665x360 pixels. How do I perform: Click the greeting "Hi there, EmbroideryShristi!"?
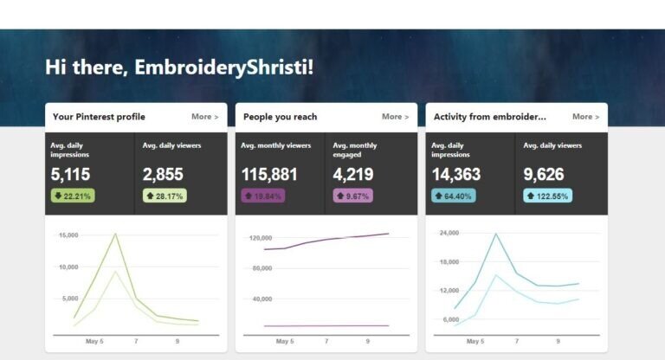[x=179, y=67]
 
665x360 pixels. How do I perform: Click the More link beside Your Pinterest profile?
[x=204, y=117]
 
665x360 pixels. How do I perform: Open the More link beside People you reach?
[x=395, y=117]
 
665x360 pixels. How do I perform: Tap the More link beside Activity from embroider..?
[x=585, y=117]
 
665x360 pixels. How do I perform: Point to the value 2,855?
[x=163, y=175]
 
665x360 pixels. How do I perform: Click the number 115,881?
[x=269, y=175]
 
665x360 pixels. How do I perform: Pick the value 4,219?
[x=352, y=175]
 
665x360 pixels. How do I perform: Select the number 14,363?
[x=456, y=175]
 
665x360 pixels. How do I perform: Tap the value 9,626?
[x=544, y=175]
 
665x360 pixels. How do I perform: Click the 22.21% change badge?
[x=73, y=196]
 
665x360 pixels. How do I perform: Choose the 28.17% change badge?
[x=165, y=196]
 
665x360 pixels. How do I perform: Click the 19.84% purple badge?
[x=262, y=196]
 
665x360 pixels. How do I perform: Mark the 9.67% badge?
[x=352, y=196]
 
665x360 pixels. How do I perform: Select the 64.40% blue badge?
[x=454, y=196]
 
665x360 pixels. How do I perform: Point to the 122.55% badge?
[x=547, y=196]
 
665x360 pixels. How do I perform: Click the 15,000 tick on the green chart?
[x=68, y=235]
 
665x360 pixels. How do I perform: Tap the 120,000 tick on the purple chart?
[x=260, y=238]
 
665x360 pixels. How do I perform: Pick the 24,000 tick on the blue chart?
[x=450, y=233]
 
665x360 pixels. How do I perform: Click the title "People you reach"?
[x=280, y=117]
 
